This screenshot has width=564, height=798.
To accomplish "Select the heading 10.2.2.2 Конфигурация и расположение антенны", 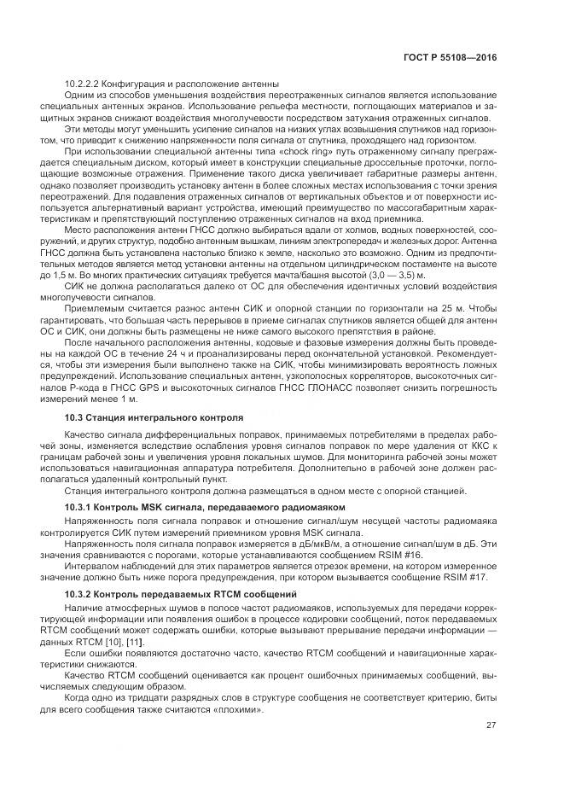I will click(x=172, y=84).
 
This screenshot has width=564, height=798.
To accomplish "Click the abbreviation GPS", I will click(x=167, y=388).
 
